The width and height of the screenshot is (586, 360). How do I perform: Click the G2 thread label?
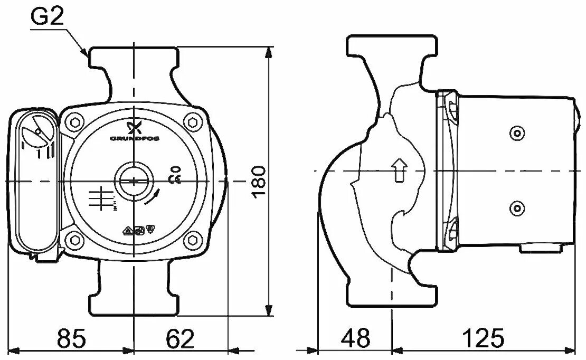tap(47, 17)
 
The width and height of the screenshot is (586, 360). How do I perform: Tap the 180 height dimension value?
tap(259, 181)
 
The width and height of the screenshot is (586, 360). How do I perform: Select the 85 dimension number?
tap(71, 338)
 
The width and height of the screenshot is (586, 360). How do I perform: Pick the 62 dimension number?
tap(180, 338)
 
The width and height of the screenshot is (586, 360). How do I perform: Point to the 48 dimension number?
tap(356, 338)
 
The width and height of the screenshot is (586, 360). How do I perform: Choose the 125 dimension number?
tap(484, 338)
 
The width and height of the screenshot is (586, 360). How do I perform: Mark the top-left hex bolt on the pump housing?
tap(74, 122)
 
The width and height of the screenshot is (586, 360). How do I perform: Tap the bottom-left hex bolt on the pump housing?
tap(74, 241)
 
